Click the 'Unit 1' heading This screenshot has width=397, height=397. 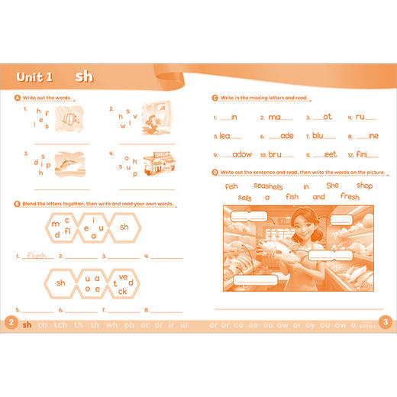point(35,77)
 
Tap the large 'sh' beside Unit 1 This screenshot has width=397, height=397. point(84,77)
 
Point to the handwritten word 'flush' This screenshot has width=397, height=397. point(36,256)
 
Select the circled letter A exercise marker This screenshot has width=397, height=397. point(17,98)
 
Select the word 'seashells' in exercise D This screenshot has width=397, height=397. point(268,186)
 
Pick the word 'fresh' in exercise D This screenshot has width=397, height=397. point(349,197)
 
